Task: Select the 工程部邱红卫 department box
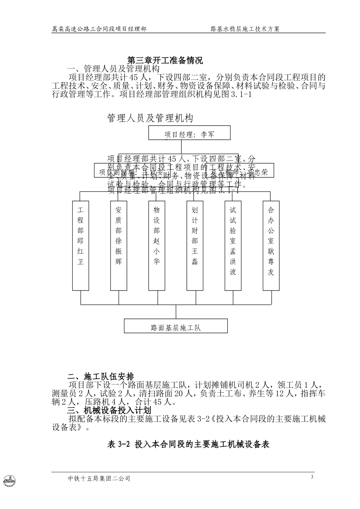pyautogui.click(x=80, y=245)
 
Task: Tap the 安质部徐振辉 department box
pyautogui.click(x=119, y=245)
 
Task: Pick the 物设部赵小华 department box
pyautogui.click(x=157, y=245)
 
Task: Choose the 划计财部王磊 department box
pyautogui.click(x=195, y=245)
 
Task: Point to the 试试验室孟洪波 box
pyautogui.click(x=233, y=245)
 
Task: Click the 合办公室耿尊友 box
pyautogui.click(x=271, y=245)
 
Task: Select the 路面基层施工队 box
pyautogui.click(x=176, y=326)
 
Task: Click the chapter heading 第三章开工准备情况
pyautogui.click(x=165, y=60)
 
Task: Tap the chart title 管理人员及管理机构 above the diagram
pyautogui.click(x=150, y=118)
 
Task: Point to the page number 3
pyautogui.click(x=312, y=477)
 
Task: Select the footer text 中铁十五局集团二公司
pyautogui.click(x=99, y=479)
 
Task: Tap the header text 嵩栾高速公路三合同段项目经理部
pyautogui.click(x=99, y=29)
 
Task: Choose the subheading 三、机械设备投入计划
pyautogui.click(x=109, y=410)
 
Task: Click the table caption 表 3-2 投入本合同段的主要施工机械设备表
pyautogui.click(x=189, y=444)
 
